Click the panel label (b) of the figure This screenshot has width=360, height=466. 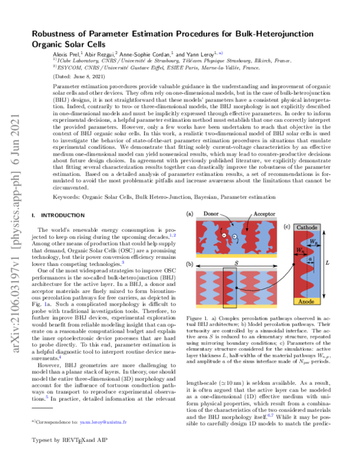(x=190, y=265)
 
